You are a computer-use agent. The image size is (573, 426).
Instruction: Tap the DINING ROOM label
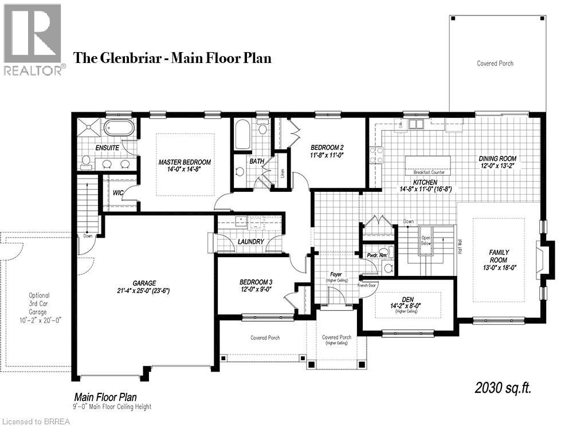tap(497, 159)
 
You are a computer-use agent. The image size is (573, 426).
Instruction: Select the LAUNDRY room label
tap(251, 242)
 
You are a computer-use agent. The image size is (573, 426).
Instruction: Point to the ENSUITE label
tap(107, 148)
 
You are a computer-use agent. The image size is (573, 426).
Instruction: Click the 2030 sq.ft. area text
tap(503, 389)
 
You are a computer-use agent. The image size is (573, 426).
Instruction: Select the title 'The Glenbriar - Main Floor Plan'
tap(172, 58)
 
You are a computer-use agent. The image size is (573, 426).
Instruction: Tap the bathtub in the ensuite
tap(119, 128)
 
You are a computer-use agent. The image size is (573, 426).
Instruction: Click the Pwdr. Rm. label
tap(376, 255)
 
